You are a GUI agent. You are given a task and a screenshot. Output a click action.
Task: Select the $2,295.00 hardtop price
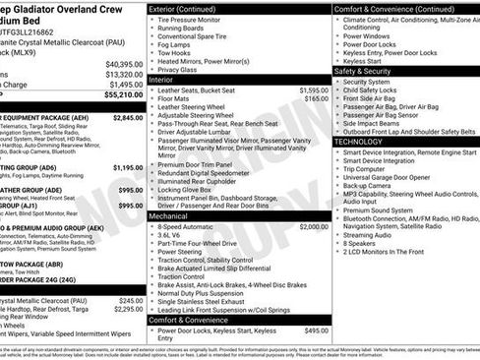[x=128, y=309]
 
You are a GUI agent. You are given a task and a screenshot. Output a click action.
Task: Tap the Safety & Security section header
[x=369, y=71]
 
